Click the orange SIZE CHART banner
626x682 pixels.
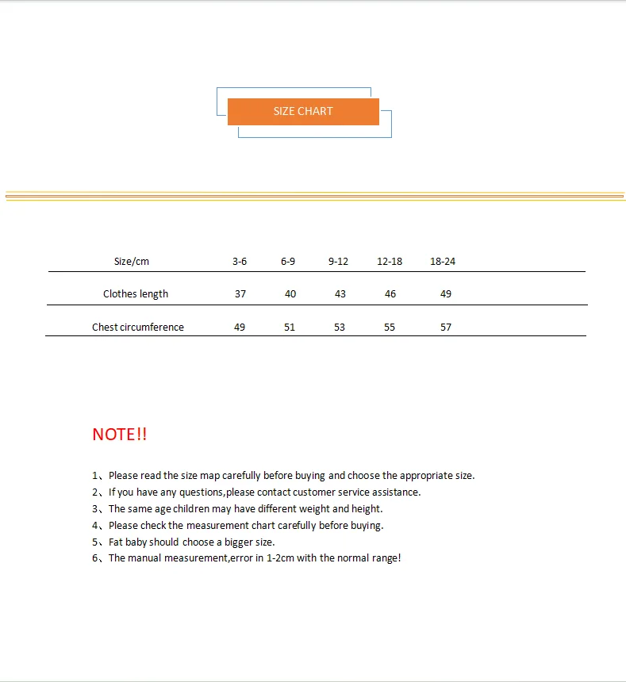303,111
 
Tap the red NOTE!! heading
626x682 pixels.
120,435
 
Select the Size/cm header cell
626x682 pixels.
132,262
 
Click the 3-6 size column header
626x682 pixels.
240,262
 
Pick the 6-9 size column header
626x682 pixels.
288,262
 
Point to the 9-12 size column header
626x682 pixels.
338,262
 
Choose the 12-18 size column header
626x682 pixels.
390,262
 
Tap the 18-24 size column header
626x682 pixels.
443,262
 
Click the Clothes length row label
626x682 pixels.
136,294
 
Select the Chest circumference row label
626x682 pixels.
138,328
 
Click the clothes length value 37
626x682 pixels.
240,294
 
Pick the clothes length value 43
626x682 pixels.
340,294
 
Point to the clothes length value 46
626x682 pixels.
390,294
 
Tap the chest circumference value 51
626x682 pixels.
290,328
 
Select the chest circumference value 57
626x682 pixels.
446,328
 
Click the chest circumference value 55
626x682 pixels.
390,328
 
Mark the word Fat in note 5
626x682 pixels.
116,542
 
